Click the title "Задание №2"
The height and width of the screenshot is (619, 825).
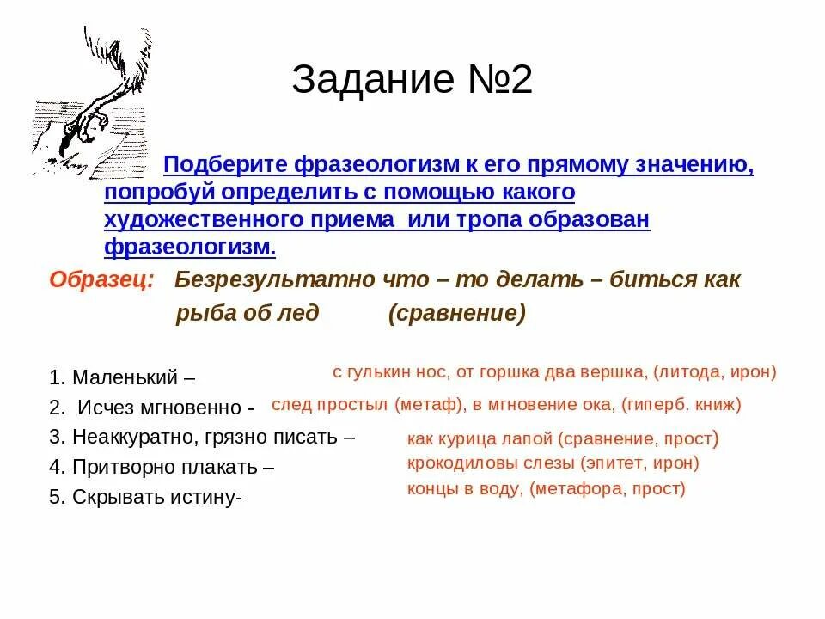(x=412, y=80)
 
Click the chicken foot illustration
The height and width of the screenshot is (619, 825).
(x=90, y=103)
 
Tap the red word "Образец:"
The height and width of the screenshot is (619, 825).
(x=101, y=279)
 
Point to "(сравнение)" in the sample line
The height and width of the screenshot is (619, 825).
(x=456, y=313)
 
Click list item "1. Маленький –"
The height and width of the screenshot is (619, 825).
(x=122, y=377)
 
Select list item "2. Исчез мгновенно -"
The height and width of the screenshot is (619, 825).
(x=151, y=407)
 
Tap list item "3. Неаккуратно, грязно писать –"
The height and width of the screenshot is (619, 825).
(x=202, y=437)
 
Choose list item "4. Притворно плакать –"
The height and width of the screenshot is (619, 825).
(x=162, y=467)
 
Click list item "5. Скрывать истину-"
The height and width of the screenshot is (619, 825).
(x=146, y=497)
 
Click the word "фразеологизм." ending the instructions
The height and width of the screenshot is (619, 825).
(x=190, y=247)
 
